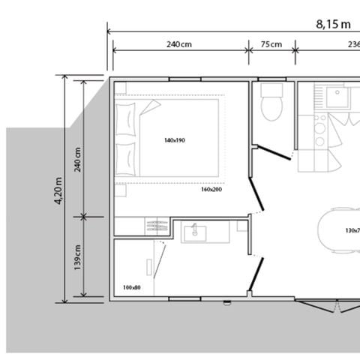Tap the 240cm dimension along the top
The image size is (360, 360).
pyautogui.click(x=178, y=44)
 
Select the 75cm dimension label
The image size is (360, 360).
pyautogui.click(x=271, y=44)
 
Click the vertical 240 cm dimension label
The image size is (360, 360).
pyautogui.click(x=79, y=158)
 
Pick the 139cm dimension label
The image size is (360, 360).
pyautogui.click(x=79, y=259)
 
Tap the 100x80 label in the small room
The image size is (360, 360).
pyautogui.click(x=131, y=287)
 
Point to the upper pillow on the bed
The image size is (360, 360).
pyautogui.click(x=130, y=121)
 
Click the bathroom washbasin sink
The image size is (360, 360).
pyautogui.click(x=196, y=231)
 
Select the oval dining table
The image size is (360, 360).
pyautogui.click(x=342, y=230)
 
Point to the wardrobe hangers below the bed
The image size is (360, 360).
pyautogui.click(x=156, y=223)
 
